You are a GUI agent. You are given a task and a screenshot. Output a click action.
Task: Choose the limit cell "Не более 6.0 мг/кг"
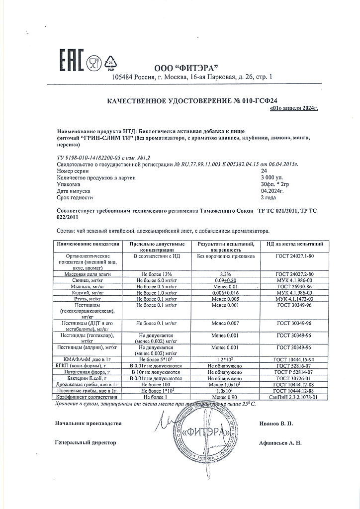[157, 280]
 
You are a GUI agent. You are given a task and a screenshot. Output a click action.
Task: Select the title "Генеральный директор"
[86, 442]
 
